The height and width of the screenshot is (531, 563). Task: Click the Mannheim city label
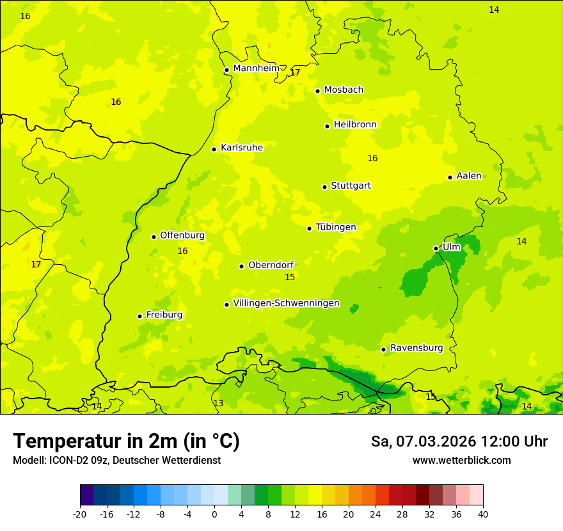pyautogui.click(x=257, y=68)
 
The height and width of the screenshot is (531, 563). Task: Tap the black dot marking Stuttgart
pyautogui.click(x=324, y=187)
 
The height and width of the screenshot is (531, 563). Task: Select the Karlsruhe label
pyautogui.click(x=242, y=148)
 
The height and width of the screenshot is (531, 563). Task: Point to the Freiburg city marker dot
pyautogui.click(x=139, y=316)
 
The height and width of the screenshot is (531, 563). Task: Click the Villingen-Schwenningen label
pyautogui.click(x=286, y=303)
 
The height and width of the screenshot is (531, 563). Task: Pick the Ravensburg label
pyautogui.click(x=416, y=348)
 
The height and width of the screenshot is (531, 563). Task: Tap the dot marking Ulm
pyautogui.click(x=436, y=248)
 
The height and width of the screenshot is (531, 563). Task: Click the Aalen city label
pyautogui.click(x=469, y=176)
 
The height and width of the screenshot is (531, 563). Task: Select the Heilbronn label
pyautogui.click(x=355, y=125)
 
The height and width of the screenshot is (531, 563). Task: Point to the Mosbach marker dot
pyautogui.click(x=317, y=91)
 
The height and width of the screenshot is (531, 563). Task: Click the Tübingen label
pyautogui.click(x=336, y=227)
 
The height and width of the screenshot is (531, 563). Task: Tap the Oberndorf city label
pyautogui.click(x=271, y=265)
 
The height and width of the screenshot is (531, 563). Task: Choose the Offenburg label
pyautogui.click(x=182, y=235)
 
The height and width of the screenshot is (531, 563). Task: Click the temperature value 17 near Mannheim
pyautogui.click(x=295, y=73)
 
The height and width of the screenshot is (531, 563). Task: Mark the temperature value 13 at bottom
pyautogui.click(x=218, y=403)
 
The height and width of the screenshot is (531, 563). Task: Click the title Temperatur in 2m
pyautogui.click(x=126, y=441)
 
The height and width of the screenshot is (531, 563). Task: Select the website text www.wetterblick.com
pyautogui.click(x=461, y=460)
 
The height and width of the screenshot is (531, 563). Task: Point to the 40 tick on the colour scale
pyautogui.click(x=482, y=514)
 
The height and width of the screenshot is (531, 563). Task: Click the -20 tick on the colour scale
pyautogui.click(x=80, y=514)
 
